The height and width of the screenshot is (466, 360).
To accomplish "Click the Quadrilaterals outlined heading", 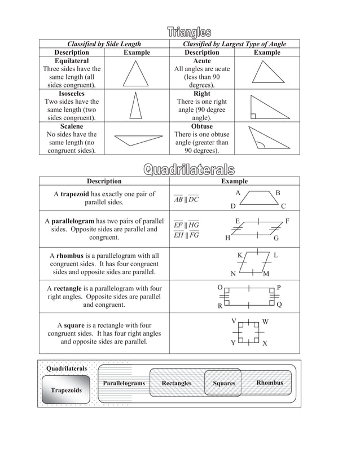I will click(x=188, y=169).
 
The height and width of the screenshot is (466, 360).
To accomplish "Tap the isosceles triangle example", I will click(x=135, y=105).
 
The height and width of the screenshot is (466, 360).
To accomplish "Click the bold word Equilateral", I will click(x=72, y=60).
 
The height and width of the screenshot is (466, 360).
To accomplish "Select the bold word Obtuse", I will click(x=201, y=126).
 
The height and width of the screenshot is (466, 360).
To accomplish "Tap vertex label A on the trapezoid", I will click(x=238, y=193).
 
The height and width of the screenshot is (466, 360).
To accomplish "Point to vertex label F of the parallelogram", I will click(x=288, y=221).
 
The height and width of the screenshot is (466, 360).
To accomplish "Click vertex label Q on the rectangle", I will click(x=280, y=305).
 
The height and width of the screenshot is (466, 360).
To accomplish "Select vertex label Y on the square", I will click(x=232, y=343).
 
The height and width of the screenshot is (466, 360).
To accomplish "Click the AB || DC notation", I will click(x=186, y=200).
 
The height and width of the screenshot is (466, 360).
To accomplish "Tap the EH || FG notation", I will click(x=186, y=235).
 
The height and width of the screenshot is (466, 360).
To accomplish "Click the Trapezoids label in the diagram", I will click(x=66, y=390).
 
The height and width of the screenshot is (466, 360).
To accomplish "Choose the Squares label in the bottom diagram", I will click(x=224, y=384).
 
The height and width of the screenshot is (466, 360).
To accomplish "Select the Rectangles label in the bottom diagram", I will click(x=176, y=384).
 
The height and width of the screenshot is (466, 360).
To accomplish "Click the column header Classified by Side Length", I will click(x=104, y=44).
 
